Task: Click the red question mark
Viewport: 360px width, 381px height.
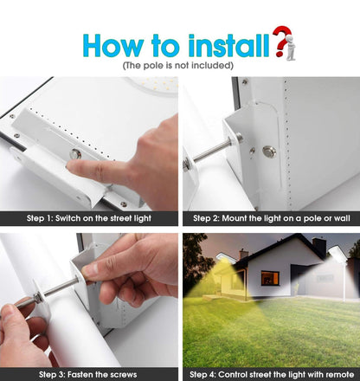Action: coord(280,40)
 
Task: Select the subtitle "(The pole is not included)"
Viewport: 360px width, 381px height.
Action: coord(178,66)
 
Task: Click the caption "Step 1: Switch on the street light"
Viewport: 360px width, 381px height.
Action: coord(89,218)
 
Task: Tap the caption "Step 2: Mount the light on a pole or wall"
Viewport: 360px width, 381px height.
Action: coord(270,218)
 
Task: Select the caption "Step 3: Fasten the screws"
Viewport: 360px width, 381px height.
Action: coord(89,374)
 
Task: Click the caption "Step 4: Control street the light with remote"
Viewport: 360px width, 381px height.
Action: coord(270,374)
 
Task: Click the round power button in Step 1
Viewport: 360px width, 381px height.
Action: coord(76,154)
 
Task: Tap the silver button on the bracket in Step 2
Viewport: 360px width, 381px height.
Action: coord(270,152)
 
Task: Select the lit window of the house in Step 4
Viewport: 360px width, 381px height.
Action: coord(269,278)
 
